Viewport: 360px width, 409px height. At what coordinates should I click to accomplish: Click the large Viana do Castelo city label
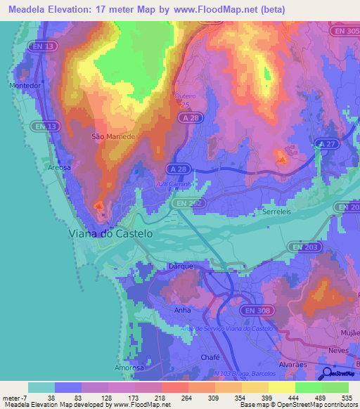[111, 233]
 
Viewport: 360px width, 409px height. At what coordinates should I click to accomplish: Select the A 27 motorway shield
[326, 143]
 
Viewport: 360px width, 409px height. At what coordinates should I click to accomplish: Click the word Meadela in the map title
[27, 9]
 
